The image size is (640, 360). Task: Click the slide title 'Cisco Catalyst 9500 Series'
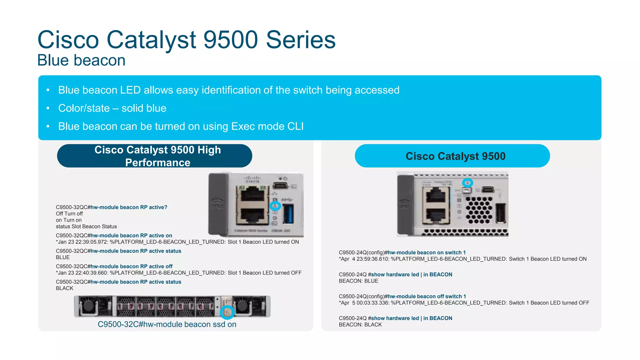click(186, 40)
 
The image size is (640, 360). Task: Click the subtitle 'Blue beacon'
click(81, 60)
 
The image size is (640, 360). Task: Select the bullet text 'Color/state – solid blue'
click(112, 108)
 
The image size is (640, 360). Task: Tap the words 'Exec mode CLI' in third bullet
click(267, 126)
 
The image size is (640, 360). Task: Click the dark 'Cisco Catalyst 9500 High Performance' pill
click(154, 156)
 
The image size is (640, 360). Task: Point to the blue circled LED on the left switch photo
click(275, 206)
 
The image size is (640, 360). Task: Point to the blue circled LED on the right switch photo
click(467, 183)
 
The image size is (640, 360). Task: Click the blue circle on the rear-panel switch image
click(227, 312)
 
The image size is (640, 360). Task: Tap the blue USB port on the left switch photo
click(288, 214)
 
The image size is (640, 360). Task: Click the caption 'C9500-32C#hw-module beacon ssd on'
click(167, 324)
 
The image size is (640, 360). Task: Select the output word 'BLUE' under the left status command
click(63, 257)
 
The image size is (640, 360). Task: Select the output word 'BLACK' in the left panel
click(65, 288)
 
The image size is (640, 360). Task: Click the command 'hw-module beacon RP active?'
click(129, 207)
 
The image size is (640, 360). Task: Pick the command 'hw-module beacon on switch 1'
click(427, 252)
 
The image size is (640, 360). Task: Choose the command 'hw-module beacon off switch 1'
click(427, 296)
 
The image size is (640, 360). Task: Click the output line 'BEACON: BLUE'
click(358, 281)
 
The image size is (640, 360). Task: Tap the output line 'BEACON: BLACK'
click(360, 325)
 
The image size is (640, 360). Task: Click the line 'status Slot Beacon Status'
click(86, 227)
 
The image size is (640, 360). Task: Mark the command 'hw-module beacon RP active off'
click(131, 267)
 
